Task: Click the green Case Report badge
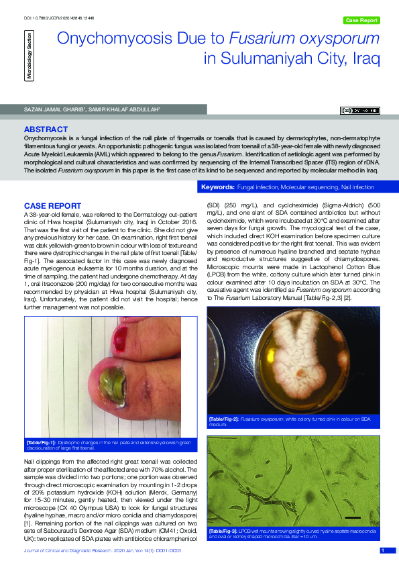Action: (361, 20)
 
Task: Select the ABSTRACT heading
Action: (46, 129)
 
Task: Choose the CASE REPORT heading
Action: (53, 205)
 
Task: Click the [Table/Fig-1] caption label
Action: (40, 444)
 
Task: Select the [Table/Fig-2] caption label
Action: (225, 418)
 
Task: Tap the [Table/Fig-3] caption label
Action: (225, 530)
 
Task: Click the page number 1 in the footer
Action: (382, 551)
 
